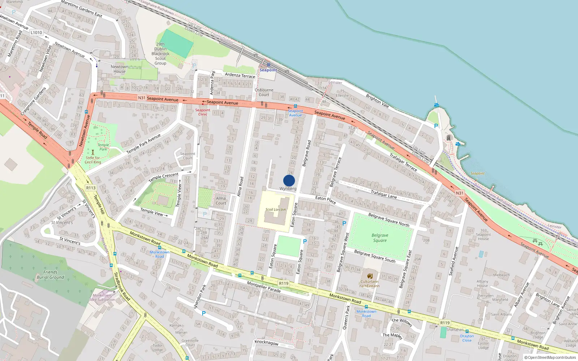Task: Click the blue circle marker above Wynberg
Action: pos(289,180)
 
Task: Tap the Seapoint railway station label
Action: pos(268,70)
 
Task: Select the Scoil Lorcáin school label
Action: pos(275,209)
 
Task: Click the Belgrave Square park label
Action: pos(380,238)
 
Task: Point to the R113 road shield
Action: pos(91,188)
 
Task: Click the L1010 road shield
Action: pos(36,32)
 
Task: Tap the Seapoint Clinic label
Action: pos(203,112)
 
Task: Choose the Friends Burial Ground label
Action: pos(50,275)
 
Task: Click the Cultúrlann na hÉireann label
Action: pos(369,284)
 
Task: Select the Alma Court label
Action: pos(221,201)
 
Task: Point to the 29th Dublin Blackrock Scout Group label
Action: pos(160,54)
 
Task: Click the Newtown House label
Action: pos(119,69)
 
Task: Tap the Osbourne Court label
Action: pos(264,92)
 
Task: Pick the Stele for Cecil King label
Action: pos(93,160)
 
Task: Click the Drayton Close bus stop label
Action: pos(467,338)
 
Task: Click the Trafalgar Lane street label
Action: pos(384,194)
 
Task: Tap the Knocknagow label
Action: pos(267,343)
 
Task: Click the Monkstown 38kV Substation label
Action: pos(102,297)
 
